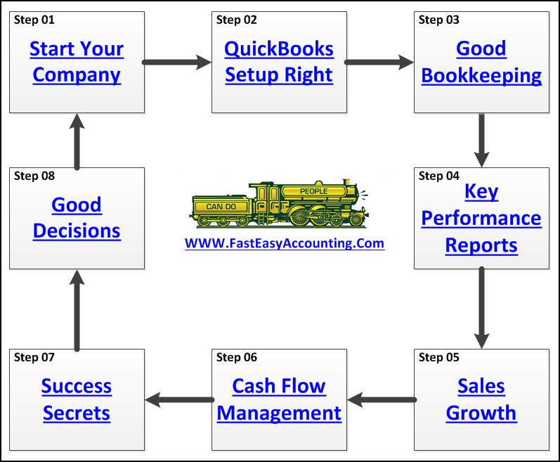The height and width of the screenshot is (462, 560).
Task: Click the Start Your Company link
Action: click(x=77, y=62)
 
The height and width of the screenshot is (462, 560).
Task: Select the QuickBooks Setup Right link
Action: click(x=279, y=62)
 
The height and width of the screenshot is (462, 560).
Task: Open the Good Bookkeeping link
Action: click(x=481, y=62)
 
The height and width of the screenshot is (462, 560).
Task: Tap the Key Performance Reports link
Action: click(x=481, y=218)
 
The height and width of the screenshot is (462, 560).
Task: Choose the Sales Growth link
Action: click(x=481, y=399)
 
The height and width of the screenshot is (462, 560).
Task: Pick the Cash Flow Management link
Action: click(x=279, y=399)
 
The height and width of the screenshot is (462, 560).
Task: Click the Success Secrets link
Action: click(x=77, y=399)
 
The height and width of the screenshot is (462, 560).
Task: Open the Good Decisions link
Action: click(x=77, y=218)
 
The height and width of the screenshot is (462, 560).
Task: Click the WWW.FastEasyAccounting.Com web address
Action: click(x=285, y=244)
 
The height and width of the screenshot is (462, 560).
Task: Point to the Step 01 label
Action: click(x=34, y=20)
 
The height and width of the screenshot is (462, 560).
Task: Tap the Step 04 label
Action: click(x=439, y=176)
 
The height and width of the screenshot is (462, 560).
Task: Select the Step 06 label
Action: click(x=237, y=357)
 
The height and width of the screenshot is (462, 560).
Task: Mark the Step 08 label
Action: click(x=34, y=176)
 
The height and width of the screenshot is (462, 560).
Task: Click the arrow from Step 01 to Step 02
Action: click(x=178, y=63)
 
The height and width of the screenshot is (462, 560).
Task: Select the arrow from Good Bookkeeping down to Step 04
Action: click(x=481, y=140)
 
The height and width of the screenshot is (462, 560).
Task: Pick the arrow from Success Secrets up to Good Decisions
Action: click(x=77, y=309)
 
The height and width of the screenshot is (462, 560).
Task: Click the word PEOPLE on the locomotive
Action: click(x=313, y=191)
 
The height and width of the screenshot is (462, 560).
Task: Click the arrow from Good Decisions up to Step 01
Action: click(x=77, y=140)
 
